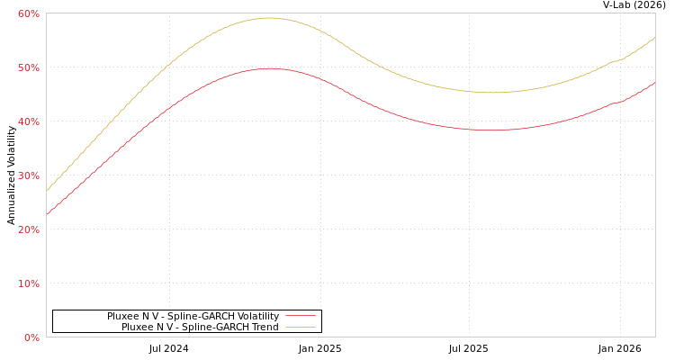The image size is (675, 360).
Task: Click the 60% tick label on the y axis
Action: click(28, 13)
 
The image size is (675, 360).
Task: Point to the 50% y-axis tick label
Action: click(28, 67)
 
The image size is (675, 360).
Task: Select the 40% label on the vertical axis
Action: click(28, 121)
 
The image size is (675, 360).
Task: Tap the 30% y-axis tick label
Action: click(28, 175)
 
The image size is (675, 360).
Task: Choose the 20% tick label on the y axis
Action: click(28, 229)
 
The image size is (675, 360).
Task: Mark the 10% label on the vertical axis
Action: click(28, 283)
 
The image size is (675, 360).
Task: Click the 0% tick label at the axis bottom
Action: click(31, 337)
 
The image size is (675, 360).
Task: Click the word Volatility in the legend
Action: click(255, 316)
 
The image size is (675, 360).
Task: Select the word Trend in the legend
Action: click(265, 327)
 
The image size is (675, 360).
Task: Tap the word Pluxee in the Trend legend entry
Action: click(138, 327)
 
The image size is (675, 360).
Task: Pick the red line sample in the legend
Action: click(300, 316)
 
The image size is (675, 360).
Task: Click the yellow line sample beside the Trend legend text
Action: click(300, 327)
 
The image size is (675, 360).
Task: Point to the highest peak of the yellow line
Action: click(268, 18)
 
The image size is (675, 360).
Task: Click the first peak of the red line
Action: click(269, 68)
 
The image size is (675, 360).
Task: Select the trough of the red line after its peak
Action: click(491, 130)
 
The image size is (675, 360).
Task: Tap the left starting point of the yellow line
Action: click(47, 190)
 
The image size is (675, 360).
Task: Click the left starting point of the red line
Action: click(47, 214)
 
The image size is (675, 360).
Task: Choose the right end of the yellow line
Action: click(654, 38)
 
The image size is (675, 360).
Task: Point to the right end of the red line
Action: click(654, 83)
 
